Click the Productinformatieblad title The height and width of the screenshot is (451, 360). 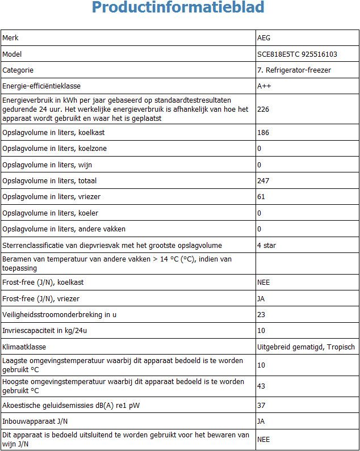[x=178, y=9]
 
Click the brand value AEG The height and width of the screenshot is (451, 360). [x=264, y=38]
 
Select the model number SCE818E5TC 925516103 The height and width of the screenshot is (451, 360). [x=297, y=54]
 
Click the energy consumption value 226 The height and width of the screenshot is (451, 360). [x=263, y=109]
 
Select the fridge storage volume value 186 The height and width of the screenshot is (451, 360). [x=263, y=133]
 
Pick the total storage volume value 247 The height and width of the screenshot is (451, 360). [x=263, y=181]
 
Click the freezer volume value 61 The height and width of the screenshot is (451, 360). [x=261, y=197]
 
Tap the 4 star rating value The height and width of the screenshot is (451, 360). [x=267, y=246]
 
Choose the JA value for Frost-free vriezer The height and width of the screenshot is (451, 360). [x=261, y=298]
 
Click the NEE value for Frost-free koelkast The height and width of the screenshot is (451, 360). [x=263, y=282]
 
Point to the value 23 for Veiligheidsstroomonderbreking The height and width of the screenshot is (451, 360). [x=261, y=314]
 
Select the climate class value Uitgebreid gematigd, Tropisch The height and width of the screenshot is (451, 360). [x=306, y=347]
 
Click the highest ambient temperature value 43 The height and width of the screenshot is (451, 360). [x=261, y=386]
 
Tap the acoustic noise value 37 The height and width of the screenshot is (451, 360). [x=261, y=405]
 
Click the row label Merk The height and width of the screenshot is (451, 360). [x=11, y=38]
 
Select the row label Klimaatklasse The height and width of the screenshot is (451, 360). [x=24, y=347]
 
